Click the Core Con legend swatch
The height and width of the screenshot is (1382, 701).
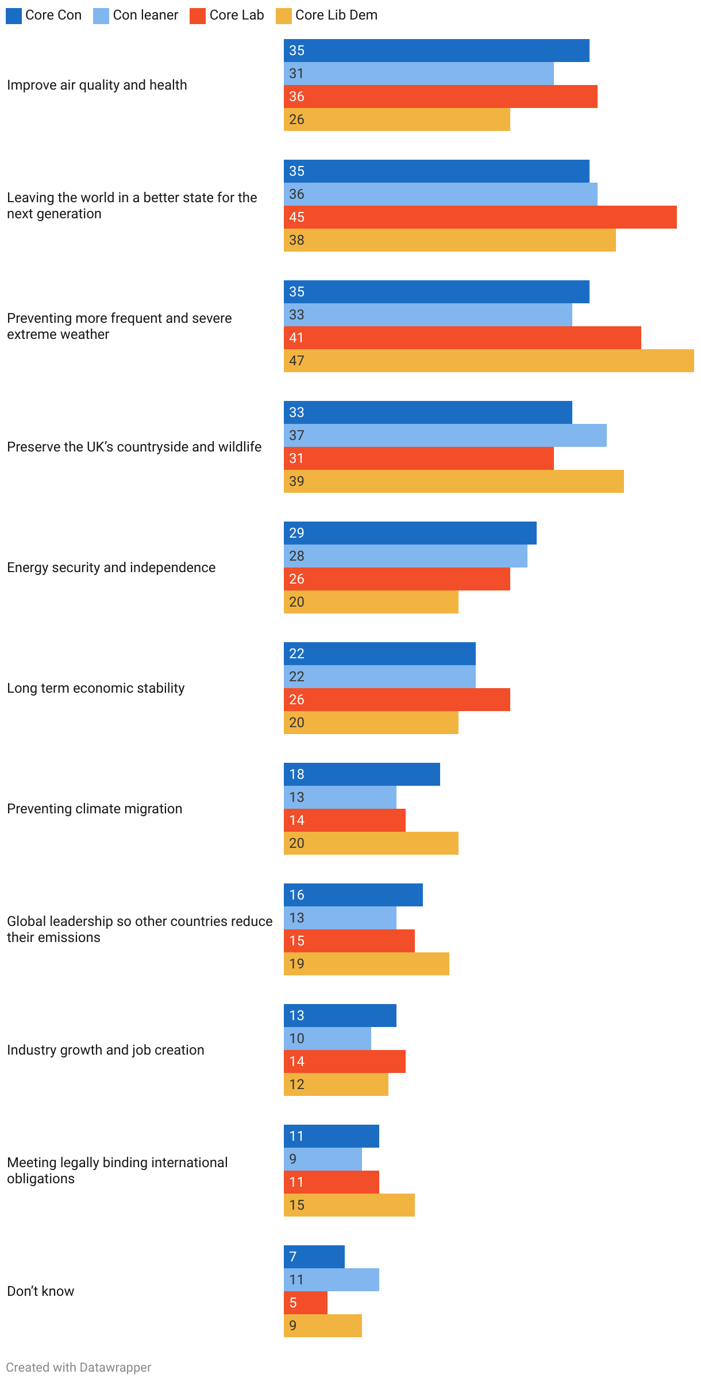coord(14,16)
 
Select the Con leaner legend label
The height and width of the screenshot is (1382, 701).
coord(145,16)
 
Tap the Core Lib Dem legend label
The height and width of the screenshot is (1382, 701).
coord(336,16)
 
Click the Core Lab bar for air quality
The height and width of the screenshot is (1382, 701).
coord(440,96)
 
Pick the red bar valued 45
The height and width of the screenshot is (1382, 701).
coord(480,217)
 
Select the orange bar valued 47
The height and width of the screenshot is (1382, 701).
coord(488,361)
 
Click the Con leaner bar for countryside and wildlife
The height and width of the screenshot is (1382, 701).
coord(445,435)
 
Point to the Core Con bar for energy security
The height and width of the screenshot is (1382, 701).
coord(410,533)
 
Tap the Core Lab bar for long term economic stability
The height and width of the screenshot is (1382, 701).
coord(396,700)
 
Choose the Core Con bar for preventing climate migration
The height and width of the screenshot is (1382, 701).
coord(361,774)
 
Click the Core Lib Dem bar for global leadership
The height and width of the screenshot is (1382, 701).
coord(366,964)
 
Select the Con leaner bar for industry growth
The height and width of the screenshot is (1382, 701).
coord(327,1039)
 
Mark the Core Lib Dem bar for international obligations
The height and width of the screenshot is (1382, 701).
coord(349,1205)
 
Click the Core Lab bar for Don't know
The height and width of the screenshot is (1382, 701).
coord(305,1303)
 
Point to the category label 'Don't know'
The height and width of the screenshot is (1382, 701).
coord(40,1291)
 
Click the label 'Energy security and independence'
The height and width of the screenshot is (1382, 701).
coord(111,568)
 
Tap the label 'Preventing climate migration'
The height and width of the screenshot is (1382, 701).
coord(94,809)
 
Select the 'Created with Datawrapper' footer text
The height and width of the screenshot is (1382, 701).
coord(79,1367)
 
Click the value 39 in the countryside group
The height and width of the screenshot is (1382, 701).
coord(296,481)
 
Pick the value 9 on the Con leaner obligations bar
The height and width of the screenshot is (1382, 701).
coord(293,1159)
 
